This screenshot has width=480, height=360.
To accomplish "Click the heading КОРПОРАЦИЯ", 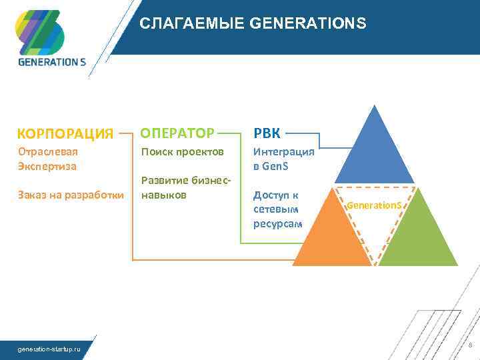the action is click(65, 133).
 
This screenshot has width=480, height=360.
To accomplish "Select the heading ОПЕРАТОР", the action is click(177, 132).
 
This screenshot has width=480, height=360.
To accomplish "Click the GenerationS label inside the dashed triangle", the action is click(375, 205).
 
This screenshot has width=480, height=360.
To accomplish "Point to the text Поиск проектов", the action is click(181, 152).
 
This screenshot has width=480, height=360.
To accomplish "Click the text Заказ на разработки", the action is click(71, 195).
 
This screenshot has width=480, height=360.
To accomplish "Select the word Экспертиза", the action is click(47, 165).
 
